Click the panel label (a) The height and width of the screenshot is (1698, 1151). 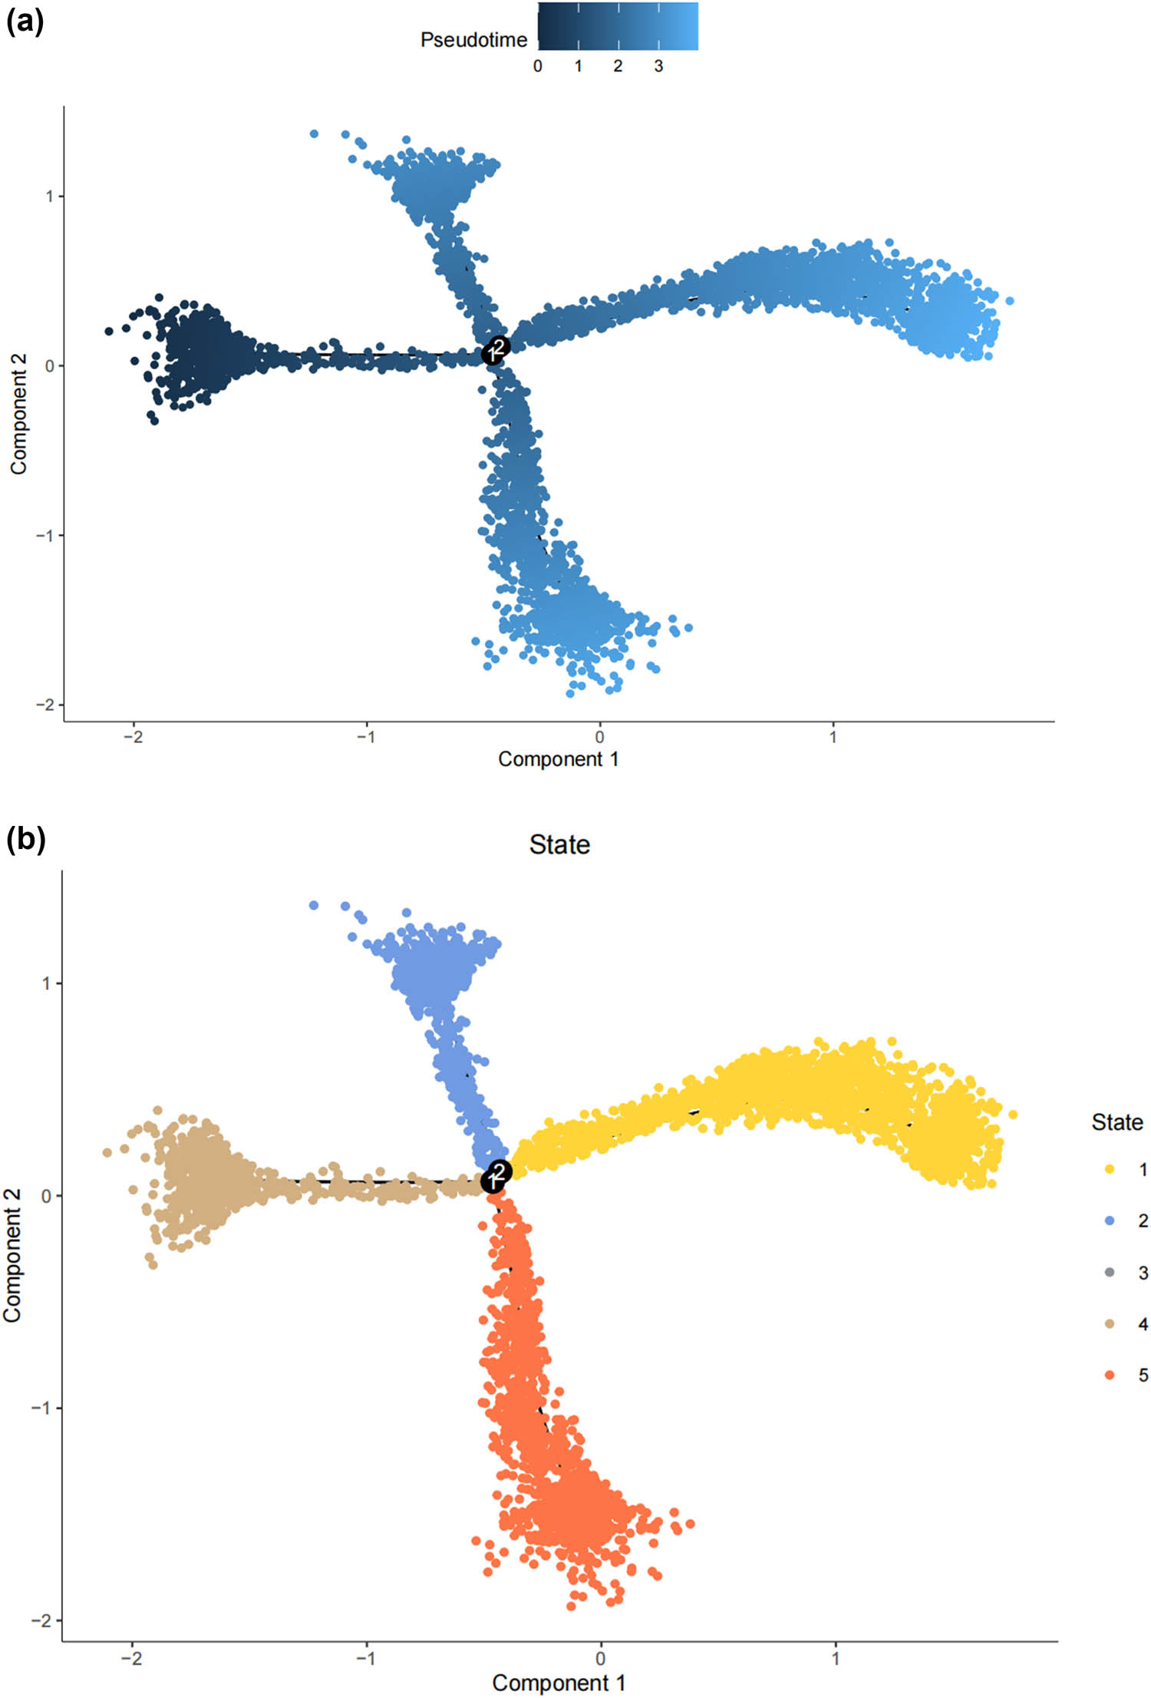click(x=25, y=22)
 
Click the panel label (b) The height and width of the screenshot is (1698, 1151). click(x=26, y=839)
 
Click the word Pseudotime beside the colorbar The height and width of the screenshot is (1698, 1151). click(x=473, y=40)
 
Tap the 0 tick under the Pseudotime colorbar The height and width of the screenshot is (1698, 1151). click(x=537, y=67)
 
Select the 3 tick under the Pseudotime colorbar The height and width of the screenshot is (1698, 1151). click(x=658, y=67)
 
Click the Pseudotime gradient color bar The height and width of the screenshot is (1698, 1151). click(x=618, y=27)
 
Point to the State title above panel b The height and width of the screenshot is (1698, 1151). click(x=559, y=844)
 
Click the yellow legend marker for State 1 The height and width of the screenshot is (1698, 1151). click(x=1110, y=1169)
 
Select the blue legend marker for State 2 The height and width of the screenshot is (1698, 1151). click(x=1110, y=1221)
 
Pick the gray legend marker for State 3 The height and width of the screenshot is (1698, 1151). click(x=1110, y=1273)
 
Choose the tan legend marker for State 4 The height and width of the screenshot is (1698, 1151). click(x=1110, y=1323)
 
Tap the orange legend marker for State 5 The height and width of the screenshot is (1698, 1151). click(x=1110, y=1375)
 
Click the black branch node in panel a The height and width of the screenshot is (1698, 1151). click(x=495, y=351)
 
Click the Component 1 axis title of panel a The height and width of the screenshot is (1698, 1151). click(x=558, y=759)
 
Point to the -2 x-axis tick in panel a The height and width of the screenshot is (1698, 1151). click(x=134, y=737)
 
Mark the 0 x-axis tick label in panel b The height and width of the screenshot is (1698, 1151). click(x=600, y=1658)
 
